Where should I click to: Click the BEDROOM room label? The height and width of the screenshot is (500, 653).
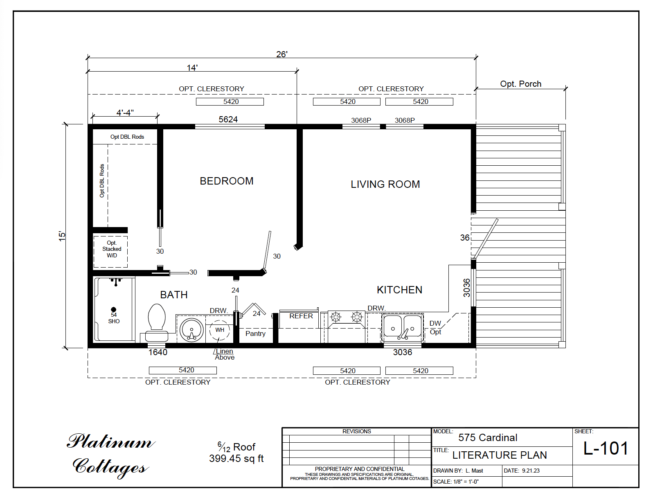(x=226, y=181)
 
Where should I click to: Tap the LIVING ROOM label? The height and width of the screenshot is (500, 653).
(x=385, y=184)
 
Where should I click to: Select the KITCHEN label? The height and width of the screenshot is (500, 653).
(x=399, y=290)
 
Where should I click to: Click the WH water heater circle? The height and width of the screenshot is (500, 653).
(x=220, y=330)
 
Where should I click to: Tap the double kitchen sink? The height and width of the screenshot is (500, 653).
(x=402, y=327)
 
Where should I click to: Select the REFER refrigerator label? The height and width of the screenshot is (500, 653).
(x=301, y=316)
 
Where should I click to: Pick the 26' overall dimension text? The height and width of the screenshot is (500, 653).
(x=281, y=54)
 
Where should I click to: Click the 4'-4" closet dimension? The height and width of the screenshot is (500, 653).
(x=125, y=113)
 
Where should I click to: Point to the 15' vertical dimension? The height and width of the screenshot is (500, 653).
(x=62, y=236)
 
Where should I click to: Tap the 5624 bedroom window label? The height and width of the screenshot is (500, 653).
(x=228, y=119)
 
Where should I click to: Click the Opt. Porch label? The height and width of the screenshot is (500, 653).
(x=520, y=83)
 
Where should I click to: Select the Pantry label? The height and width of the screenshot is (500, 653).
(x=255, y=333)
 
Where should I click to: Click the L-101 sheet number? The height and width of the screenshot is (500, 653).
(x=606, y=448)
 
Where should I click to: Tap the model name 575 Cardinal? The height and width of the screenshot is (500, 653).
(x=487, y=437)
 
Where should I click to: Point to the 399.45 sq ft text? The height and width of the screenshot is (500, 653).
(x=236, y=459)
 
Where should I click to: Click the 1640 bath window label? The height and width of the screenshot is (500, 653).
(x=158, y=352)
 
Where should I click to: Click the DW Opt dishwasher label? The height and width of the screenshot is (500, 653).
(x=435, y=327)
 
